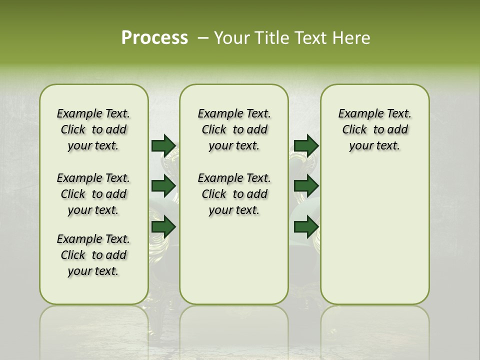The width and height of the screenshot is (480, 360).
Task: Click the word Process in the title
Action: click(154, 37)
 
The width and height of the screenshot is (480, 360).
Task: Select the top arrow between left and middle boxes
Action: click(163, 145)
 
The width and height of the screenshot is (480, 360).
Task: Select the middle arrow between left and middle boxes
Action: click(163, 186)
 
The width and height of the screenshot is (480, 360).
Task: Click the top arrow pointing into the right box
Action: click(306, 145)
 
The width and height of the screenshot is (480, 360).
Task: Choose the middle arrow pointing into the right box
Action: click(306, 186)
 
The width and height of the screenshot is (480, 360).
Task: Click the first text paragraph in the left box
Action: click(93, 129)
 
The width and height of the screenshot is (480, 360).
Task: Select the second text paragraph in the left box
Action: click(93, 194)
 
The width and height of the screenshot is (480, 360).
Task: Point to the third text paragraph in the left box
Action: click(93, 255)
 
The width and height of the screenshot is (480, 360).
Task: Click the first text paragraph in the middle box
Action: click(234, 129)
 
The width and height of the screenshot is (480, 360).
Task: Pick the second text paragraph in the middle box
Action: click(234, 194)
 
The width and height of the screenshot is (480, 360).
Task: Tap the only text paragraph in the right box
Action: click(374, 129)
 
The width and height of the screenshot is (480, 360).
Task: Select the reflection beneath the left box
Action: click(93, 325)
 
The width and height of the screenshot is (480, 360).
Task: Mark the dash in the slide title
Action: click(203, 37)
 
